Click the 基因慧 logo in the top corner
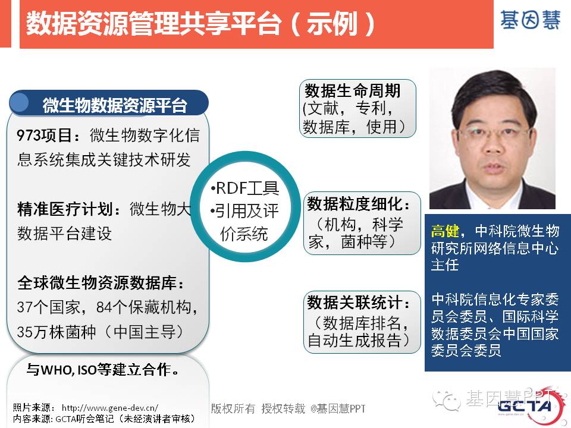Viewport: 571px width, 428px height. point(530,20)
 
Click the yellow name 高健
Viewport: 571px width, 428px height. point(445,231)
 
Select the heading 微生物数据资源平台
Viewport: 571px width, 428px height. point(115,106)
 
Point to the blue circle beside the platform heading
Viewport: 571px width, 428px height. point(19,102)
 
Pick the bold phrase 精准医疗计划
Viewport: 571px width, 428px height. point(64,209)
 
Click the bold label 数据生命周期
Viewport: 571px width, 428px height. point(353,90)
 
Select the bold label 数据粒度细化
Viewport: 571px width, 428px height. point(354,204)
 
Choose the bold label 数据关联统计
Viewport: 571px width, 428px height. point(354,302)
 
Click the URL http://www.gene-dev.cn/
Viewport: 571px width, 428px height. point(109,408)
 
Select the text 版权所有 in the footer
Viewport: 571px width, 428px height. point(233,409)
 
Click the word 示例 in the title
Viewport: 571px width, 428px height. point(331,24)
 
